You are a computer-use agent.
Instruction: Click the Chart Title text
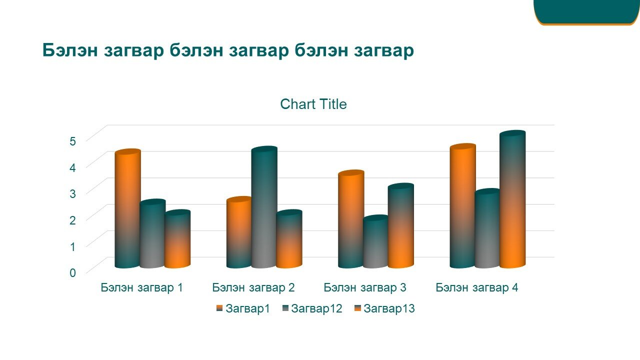tap(313, 104)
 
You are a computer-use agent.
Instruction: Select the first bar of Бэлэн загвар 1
tap(127, 208)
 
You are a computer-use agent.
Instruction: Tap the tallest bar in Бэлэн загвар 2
tap(264, 207)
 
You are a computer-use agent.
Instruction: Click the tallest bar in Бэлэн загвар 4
tap(512, 199)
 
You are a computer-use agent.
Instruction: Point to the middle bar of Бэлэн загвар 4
tap(487, 228)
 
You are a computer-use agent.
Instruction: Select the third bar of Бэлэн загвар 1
tap(177, 239)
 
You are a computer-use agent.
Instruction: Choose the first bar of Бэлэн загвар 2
tap(239, 232)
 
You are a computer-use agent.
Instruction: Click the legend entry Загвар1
tap(243, 308)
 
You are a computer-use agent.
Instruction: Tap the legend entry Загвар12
tap(312, 308)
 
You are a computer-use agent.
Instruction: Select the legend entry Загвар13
tap(384, 308)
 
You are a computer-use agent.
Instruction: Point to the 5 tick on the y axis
tap(72, 141)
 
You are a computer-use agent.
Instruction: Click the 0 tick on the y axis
tap(72, 272)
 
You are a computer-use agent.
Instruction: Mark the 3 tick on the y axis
tap(72, 193)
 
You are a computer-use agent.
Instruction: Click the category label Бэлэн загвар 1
tap(141, 287)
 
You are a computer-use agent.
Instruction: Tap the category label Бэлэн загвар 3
tap(365, 287)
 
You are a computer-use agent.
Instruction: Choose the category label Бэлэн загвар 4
tap(476, 287)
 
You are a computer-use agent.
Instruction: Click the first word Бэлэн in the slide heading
tap(70, 50)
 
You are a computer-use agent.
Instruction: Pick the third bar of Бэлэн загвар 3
tap(401, 225)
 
